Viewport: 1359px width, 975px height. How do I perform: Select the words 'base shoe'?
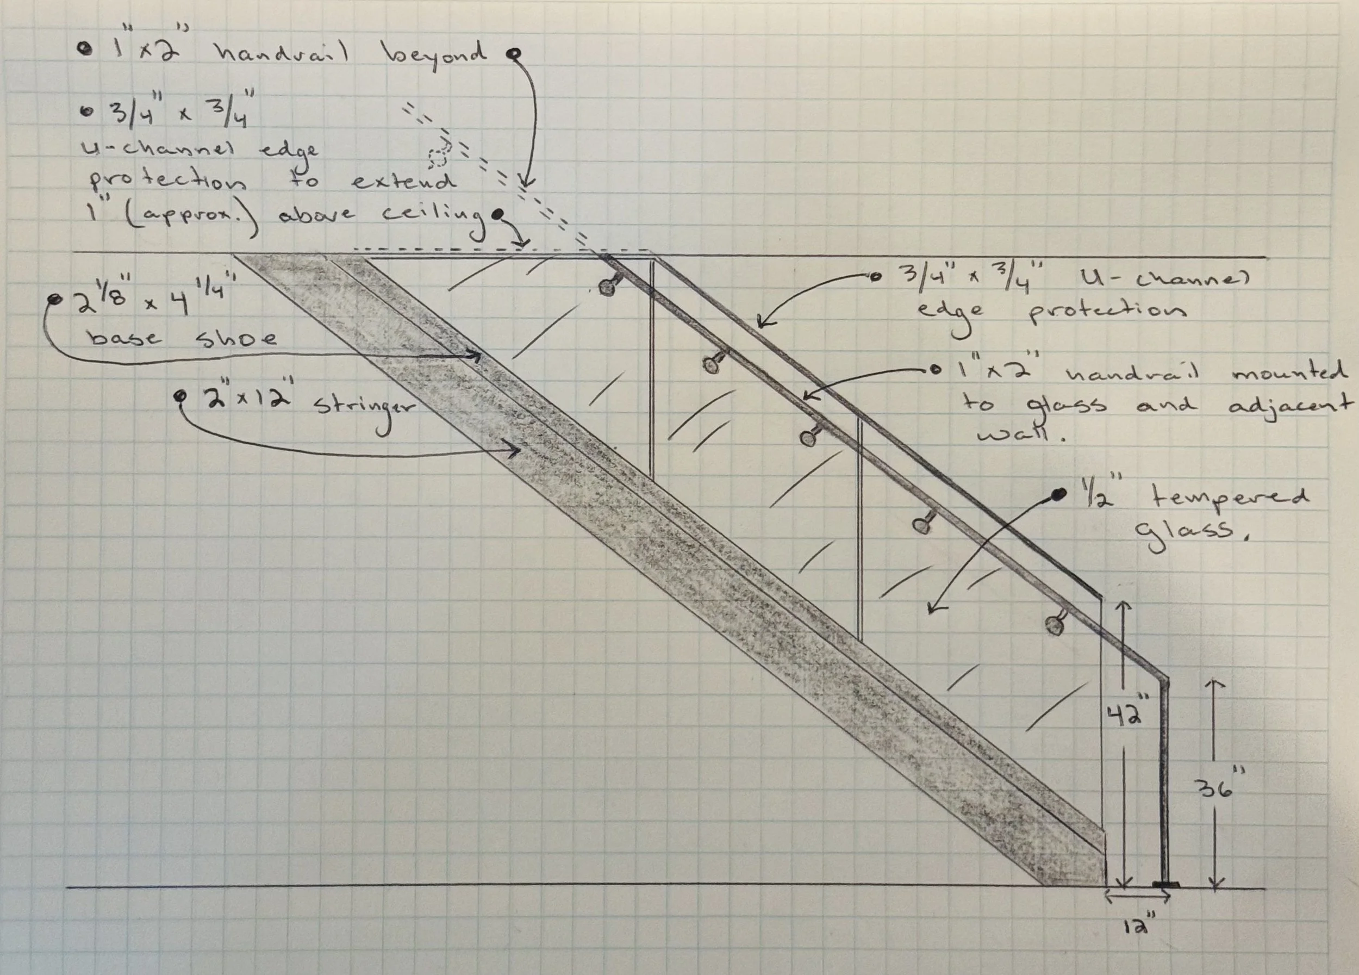pos(183,338)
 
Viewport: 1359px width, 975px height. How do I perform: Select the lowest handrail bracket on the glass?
pos(1055,624)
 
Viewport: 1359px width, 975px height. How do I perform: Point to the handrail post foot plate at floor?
pos(1165,884)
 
